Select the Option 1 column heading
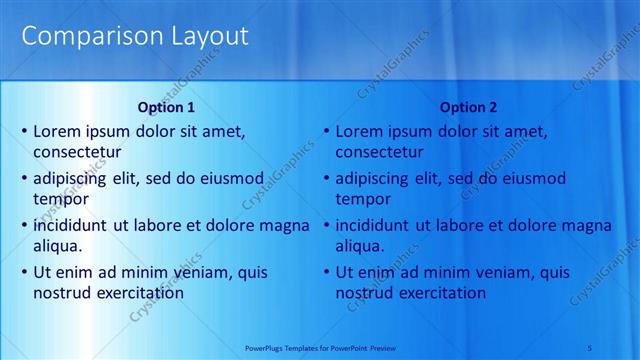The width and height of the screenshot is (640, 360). (165, 107)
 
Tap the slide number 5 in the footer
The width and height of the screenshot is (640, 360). (618, 346)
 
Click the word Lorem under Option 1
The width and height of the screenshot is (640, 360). (56, 131)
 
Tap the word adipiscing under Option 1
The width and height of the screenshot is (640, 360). (75, 179)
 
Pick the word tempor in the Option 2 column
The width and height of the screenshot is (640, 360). (362, 200)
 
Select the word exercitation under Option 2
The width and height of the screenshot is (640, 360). (441, 293)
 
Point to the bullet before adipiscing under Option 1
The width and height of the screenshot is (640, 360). (24, 179)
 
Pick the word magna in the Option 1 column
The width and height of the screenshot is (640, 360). (285, 225)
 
